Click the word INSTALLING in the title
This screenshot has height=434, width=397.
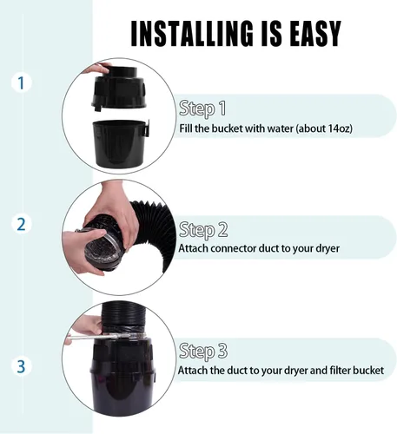(191, 33)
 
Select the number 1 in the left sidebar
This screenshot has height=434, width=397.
(21, 83)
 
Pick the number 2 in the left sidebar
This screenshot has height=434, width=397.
(21, 224)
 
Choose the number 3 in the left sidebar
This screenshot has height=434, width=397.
(21, 366)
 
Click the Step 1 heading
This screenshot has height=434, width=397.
(202, 108)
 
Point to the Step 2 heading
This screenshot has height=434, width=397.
(203, 230)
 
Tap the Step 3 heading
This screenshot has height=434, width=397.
(203, 352)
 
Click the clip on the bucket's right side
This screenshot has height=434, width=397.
(146, 128)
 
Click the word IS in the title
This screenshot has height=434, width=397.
(270, 33)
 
